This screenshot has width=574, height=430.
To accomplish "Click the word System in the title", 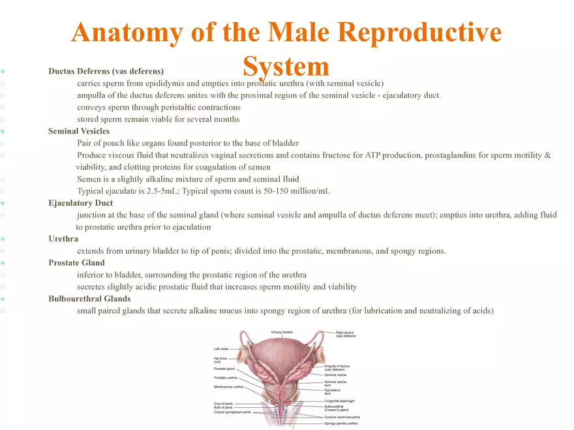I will pos(286,66).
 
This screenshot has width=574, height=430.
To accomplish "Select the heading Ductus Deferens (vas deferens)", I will pos(106,71).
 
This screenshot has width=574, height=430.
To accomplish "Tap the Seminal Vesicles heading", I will pos(79,131).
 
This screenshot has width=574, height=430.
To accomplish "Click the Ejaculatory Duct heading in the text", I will pos(80,203).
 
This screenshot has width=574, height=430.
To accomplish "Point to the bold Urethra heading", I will pos(63,239).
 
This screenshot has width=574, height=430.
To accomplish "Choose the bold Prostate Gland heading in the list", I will pos(76,263).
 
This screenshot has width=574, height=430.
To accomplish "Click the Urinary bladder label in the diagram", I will pos(282,332).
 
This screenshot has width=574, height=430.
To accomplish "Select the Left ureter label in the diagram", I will pos(221,349).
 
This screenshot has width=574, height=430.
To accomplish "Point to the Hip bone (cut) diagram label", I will pos(220,360).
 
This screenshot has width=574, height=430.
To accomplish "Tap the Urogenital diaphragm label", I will pos(339,401).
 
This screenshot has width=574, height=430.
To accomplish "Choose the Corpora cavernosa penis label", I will pos(342,417).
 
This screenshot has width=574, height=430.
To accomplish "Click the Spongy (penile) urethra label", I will pos(340,423).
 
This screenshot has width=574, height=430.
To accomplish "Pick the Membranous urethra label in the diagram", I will pos(228,386).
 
